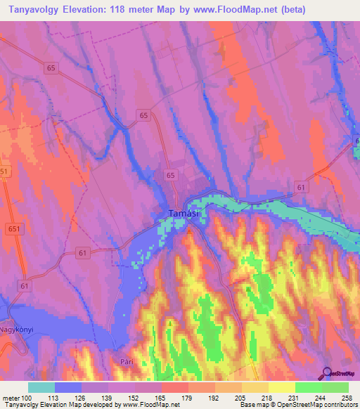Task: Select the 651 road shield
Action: pos(13,229)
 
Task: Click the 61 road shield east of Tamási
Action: pos(301,187)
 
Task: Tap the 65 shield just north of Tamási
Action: pos(171,174)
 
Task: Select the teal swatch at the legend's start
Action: pos(41,387)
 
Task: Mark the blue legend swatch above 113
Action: pos(68,387)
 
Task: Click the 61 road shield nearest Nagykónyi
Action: pos(25,286)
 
